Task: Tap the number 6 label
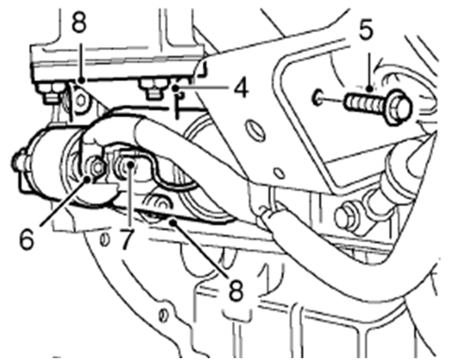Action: (x=27, y=238)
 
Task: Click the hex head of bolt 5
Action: (x=397, y=106)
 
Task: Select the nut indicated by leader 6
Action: (x=95, y=170)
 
